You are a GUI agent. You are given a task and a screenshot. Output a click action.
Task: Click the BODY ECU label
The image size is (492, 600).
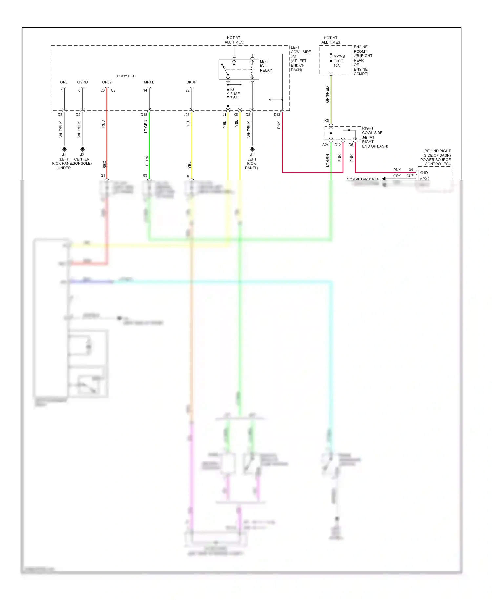(126, 76)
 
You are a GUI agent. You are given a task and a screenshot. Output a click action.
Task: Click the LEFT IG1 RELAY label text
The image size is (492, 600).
(266, 66)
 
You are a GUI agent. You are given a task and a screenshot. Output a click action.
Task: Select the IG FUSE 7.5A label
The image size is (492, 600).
(235, 94)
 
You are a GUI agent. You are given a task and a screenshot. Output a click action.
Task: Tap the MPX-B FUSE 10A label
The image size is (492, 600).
(338, 61)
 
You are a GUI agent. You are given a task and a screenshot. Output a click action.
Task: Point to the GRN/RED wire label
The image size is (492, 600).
(327, 95)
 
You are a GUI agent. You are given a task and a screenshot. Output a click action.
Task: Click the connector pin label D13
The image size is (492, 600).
(277, 115)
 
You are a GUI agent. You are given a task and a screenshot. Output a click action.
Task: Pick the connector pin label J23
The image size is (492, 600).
(186, 115)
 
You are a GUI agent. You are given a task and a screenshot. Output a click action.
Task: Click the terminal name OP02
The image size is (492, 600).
(107, 82)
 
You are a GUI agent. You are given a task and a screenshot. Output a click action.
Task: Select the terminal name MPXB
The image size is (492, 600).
(149, 82)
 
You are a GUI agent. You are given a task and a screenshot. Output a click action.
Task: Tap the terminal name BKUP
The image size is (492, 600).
(191, 82)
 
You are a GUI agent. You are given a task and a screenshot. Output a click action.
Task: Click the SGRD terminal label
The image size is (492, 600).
(82, 82)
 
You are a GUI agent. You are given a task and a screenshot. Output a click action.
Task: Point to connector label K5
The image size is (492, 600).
(326, 121)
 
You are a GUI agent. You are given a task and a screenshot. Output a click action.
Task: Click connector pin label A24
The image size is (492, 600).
(325, 145)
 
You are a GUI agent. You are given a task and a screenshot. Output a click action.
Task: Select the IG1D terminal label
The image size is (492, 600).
(423, 173)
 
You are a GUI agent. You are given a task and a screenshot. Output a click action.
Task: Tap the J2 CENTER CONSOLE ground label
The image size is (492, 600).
(82, 159)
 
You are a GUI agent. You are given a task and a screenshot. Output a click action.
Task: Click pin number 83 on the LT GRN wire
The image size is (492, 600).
(145, 175)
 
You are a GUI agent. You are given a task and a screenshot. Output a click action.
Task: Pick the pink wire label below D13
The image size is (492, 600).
(279, 125)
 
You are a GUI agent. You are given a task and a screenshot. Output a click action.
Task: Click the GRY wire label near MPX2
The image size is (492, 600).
(397, 176)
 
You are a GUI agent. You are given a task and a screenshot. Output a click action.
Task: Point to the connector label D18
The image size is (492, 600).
(144, 115)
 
